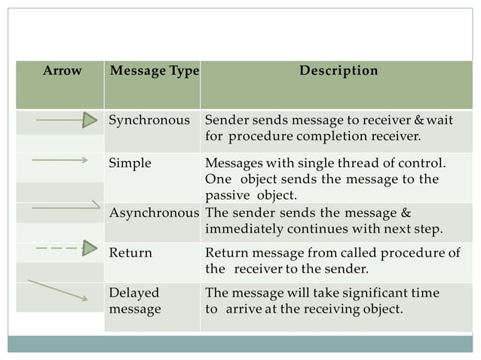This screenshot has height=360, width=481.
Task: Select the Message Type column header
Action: coord(154,72)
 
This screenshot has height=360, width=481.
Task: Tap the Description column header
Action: coord(339,72)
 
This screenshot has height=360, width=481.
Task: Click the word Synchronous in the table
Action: coord(149,120)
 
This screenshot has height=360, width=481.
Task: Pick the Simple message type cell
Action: coord(130,163)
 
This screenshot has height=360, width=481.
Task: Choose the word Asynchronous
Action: coord(155,213)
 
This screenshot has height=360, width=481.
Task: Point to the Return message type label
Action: coord(130,253)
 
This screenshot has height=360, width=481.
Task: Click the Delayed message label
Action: coord(135,301)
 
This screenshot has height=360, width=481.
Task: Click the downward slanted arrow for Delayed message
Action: coord(58,290)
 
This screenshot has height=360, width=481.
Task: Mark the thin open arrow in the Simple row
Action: coord(60,160)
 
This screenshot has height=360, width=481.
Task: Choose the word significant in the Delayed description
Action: coord(364,293)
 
